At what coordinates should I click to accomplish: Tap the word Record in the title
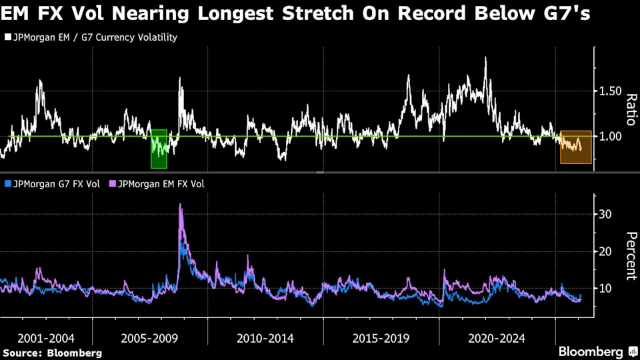pyautogui.click(x=417, y=13)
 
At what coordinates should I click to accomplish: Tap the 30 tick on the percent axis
pyautogui.click(x=605, y=214)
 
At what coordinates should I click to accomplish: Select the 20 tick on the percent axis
pyautogui.click(x=605, y=251)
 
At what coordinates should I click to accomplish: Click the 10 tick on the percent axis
pyautogui.click(x=605, y=288)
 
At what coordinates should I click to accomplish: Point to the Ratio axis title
pyautogui.click(x=630, y=110)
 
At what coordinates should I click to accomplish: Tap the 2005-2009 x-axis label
pyautogui.click(x=149, y=338)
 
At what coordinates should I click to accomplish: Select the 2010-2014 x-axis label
pyautogui.click(x=265, y=338)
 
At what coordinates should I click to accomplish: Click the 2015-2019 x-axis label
pyautogui.click(x=381, y=338)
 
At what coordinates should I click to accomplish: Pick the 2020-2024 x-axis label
pyautogui.click(x=497, y=338)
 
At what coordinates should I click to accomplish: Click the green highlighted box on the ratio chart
pyautogui.click(x=159, y=149)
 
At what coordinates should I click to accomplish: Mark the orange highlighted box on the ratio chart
pyautogui.click(x=575, y=147)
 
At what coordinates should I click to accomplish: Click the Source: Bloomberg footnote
pyautogui.click(x=53, y=353)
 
